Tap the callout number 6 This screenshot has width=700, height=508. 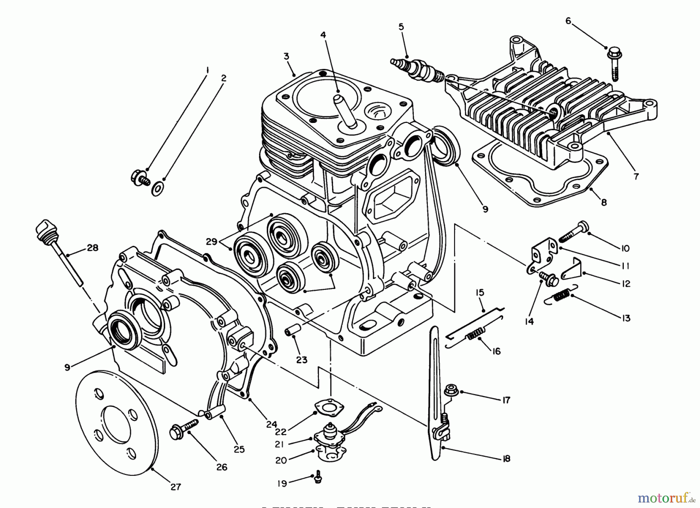[x=568, y=21]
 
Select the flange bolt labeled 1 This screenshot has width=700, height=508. [x=140, y=179]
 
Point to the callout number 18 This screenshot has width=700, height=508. [x=506, y=459]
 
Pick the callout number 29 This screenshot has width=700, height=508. [x=211, y=242]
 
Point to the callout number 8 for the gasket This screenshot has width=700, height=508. [x=604, y=202]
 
